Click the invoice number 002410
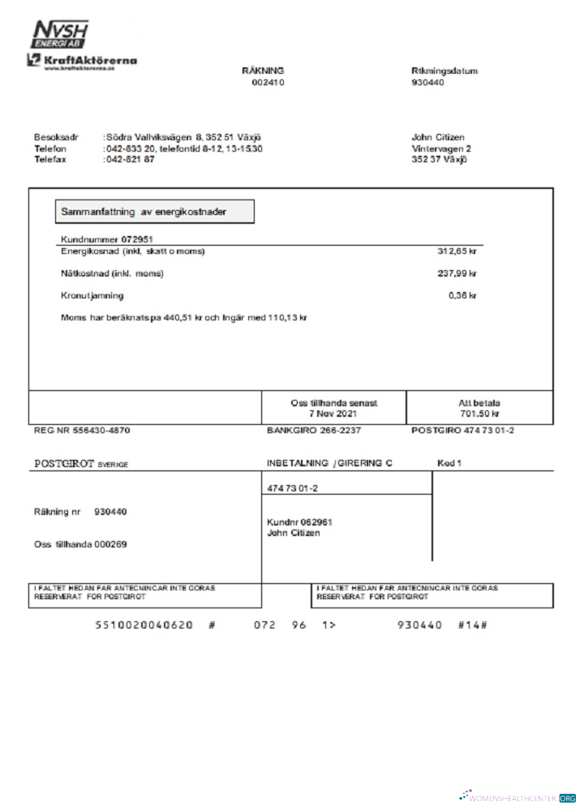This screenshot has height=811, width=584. [268, 84]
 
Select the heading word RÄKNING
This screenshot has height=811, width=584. [263, 71]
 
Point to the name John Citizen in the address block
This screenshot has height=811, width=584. [438, 137]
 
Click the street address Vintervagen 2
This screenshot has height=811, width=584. [441, 148]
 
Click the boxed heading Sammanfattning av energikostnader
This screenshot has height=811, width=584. [154, 212]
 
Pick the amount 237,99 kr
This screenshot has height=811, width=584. [457, 274]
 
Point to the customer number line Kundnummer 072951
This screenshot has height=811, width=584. [108, 239]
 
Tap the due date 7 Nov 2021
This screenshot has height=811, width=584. [333, 414]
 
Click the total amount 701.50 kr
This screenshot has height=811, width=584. [479, 414]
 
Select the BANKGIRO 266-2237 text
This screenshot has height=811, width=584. [314, 430]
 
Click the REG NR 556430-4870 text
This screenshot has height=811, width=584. [81, 430]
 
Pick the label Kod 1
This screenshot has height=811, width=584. [449, 462]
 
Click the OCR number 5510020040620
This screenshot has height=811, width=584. [144, 625]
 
